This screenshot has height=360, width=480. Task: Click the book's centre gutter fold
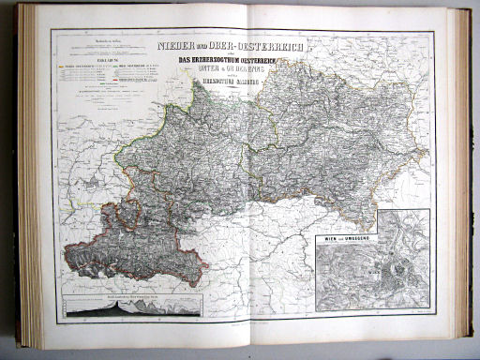(246, 178)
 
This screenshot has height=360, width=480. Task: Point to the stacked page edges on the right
(464, 178)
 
